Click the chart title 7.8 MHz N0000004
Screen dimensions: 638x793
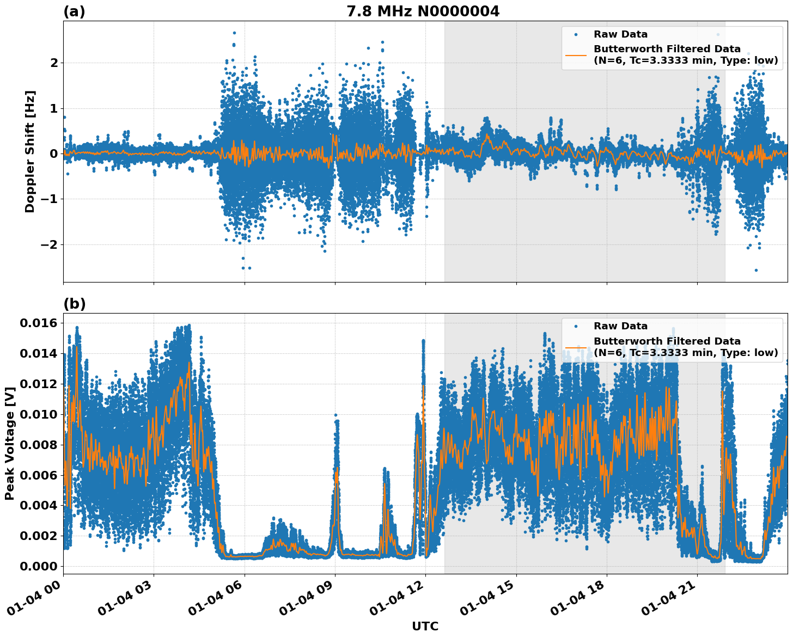click(x=423, y=11)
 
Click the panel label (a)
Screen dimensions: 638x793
click(x=75, y=11)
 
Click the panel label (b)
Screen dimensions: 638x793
click(x=75, y=304)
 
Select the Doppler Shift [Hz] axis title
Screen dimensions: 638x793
click(x=30, y=151)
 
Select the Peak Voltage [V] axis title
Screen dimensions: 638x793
click(x=9, y=444)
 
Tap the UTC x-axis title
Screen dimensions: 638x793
click(x=425, y=626)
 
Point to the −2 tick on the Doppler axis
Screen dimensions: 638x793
click(x=50, y=244)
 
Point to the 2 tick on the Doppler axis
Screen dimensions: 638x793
click(x=54, y=63)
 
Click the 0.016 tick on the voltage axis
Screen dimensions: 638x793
click(x=38, y=323)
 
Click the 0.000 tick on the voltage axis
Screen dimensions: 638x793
click(x=38, y=566)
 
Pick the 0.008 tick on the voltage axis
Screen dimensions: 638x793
click(x=38, y=445)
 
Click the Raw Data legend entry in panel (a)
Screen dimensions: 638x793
click(x=620, y=34)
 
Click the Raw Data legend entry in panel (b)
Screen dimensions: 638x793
click(x=620, y=326)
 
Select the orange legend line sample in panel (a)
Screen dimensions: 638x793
click(x=576, y=54)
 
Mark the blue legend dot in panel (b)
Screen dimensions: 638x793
click(x=576, y=326)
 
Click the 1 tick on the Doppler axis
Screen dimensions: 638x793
click(x=54, y=108)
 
